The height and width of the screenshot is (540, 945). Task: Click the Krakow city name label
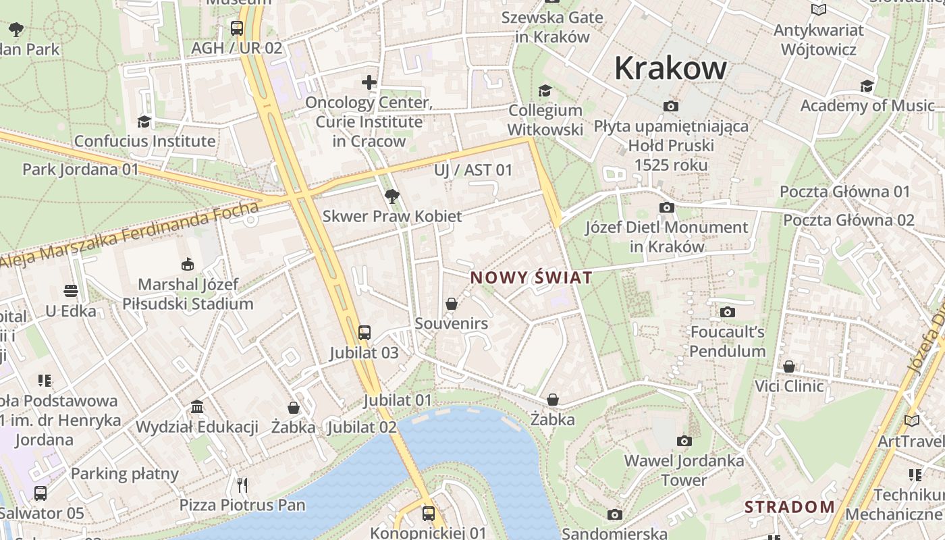point(670,68)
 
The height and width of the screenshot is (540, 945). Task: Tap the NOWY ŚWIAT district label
point(531,277)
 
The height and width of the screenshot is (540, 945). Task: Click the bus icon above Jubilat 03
point(364,332)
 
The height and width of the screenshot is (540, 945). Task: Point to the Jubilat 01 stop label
point(397,400)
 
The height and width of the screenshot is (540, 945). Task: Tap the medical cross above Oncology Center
point(369,82)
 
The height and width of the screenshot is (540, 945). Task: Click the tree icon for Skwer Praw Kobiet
point(391,196)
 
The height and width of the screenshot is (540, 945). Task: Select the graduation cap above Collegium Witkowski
point(545,90)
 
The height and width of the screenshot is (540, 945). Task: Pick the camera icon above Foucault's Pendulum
point(727,312)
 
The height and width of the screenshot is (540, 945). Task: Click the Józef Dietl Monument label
point(667,236)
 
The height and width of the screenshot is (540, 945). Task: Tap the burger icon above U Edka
point(71,291)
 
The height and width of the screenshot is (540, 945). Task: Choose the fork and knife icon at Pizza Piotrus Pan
point(242,485)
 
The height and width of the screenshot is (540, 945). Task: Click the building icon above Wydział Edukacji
point(197,407)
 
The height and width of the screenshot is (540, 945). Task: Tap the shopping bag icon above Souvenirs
point(452,304)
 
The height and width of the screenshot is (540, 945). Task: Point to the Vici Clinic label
point(789,386)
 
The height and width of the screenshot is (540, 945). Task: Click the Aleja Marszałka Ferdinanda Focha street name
point(128,235)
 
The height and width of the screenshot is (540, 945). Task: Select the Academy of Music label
point(867,105)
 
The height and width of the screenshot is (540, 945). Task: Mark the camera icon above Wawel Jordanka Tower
point(684,441)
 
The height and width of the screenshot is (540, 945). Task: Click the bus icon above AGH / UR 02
point(236,28)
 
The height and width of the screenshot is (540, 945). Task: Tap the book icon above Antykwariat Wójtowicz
point(819,10)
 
